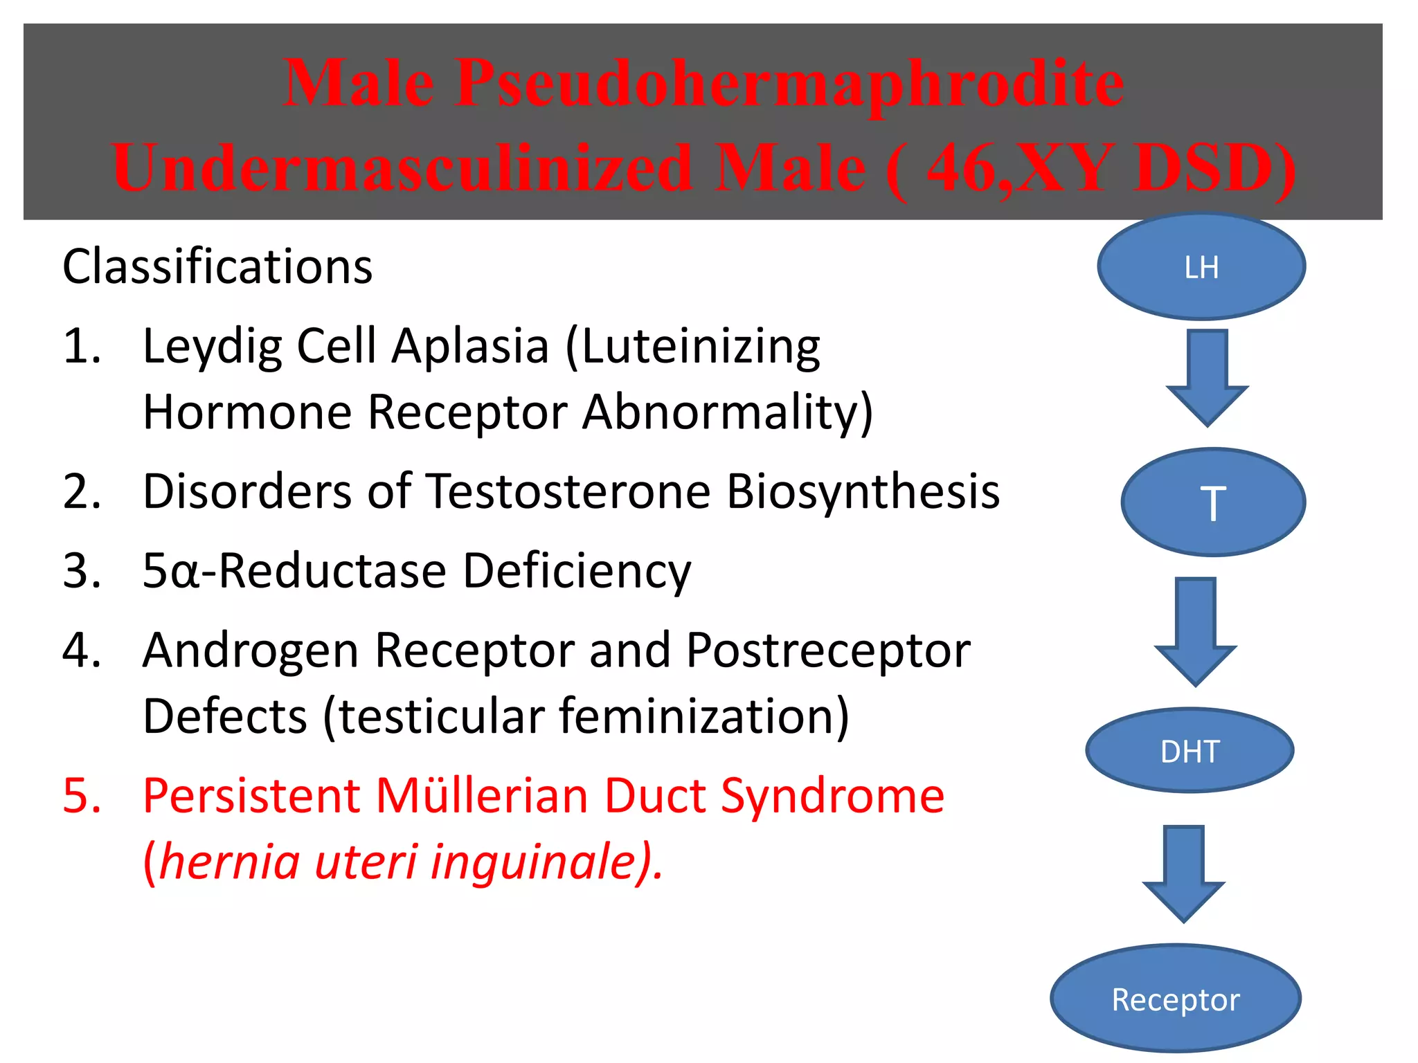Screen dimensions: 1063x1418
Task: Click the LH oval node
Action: (1201, 266)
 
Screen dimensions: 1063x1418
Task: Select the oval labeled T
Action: (1213, 502)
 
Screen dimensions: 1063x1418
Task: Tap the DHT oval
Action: (1190, 751)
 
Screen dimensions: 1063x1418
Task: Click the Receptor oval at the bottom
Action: (1176, 999)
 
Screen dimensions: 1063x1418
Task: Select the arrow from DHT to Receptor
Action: (1184, 873)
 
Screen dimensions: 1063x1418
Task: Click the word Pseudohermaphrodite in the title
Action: (789, 83)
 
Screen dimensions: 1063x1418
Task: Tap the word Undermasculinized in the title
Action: (402, 168)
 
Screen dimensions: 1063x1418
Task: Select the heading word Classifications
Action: (217, 266)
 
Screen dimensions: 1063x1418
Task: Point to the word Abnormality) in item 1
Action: (727, 412)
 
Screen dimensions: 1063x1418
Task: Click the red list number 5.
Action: (82, 796)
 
